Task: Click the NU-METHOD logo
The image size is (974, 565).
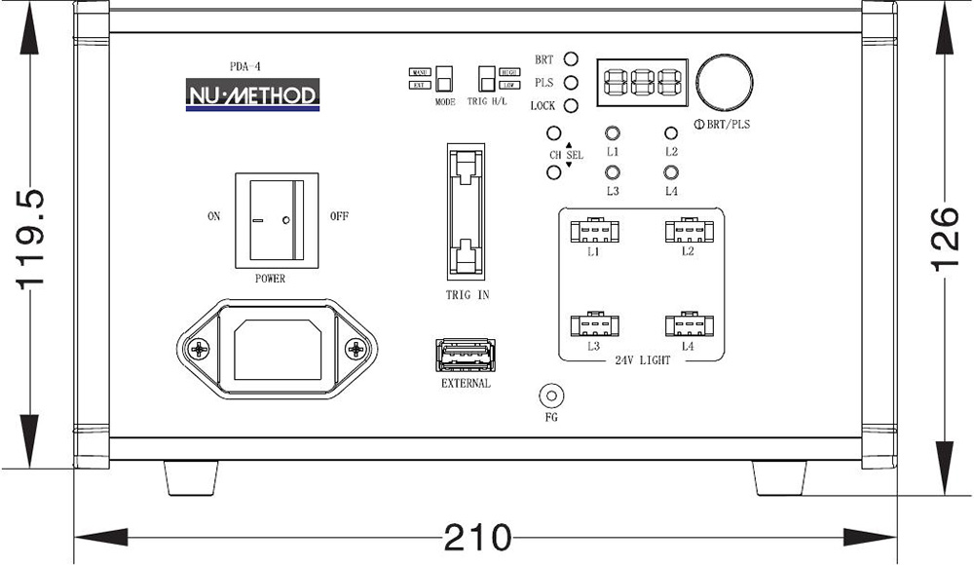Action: [x=252, y=95]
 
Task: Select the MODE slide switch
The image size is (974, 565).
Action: [x=445, y=78]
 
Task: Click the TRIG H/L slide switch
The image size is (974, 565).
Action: [x=486, y=78]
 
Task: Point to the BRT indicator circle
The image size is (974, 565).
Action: [x=572, y=60]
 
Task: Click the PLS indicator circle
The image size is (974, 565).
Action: [x=572, y=83]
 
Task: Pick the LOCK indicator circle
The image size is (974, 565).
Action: [x=572, y=105]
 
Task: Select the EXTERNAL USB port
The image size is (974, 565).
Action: [x=466, y=355]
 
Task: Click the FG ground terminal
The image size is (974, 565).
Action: [x=552, y=396]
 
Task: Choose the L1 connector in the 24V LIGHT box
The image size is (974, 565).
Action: [x=592, y=232]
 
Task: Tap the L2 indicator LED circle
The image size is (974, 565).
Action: [x=671, y=134]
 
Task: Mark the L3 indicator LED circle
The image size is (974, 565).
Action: [x=613, y=172]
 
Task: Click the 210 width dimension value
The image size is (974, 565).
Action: [x=477, y=537]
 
